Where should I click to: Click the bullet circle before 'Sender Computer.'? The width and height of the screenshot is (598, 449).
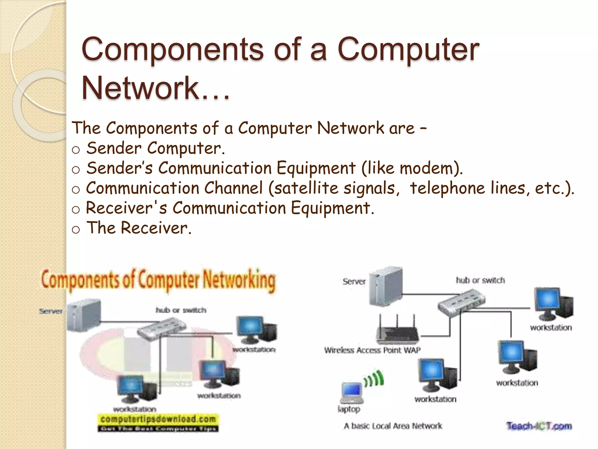[76, 150]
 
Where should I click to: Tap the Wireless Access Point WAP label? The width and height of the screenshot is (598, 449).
[372, 350]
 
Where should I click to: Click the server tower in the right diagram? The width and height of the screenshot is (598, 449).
[385, 286]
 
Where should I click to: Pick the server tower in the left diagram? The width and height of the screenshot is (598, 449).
[84, 315]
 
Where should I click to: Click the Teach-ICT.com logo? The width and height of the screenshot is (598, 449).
[539, 426]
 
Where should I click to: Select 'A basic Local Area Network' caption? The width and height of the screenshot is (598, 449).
[393, 426]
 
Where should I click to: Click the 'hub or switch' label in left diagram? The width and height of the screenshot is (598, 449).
[181, 310]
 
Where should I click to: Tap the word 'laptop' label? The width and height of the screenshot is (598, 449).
[349, 409]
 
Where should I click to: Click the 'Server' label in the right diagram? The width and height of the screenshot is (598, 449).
[354, 282]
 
